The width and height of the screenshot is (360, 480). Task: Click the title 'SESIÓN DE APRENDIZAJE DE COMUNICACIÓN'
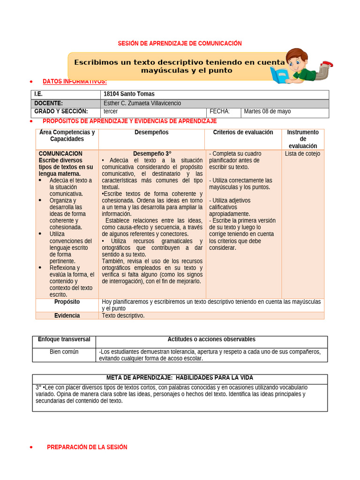pos(180,44)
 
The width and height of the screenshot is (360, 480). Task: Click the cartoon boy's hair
pos(296,54)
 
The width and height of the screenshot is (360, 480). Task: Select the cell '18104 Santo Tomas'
pos(129,94)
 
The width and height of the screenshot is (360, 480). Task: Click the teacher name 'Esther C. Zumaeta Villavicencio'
pos(142,103)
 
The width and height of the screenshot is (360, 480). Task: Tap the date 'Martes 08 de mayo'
pos(267,112)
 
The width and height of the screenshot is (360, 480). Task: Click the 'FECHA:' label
pos(219,112)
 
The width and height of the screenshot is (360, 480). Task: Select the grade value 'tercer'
pos(111,112)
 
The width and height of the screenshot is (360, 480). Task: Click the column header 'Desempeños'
pos(151,133)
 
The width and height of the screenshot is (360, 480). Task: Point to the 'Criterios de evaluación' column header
pos(243,133)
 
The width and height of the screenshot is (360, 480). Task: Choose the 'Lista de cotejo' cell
pos(302,154)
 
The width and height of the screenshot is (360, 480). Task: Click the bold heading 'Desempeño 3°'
pos(152,154)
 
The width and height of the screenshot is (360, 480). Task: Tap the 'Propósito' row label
pos(67,302)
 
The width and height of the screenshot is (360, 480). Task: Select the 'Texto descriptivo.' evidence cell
pos(123,315)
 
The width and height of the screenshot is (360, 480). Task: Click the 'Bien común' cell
pos(64,352)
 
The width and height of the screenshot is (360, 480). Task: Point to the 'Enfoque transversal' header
pos(64,339)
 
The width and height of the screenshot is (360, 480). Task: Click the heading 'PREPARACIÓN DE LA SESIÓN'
pos(87,447)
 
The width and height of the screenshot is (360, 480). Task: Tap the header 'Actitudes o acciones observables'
pos(211,339)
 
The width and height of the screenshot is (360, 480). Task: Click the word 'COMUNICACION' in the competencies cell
pos(60,154)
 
